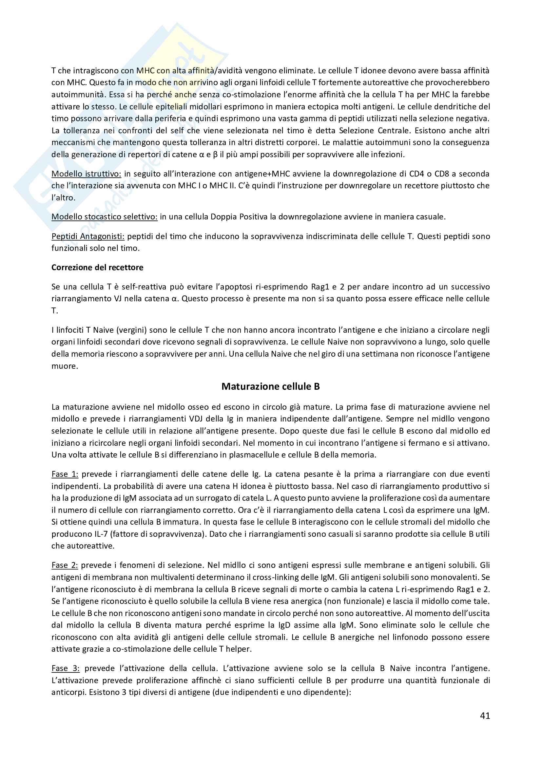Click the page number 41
(485, 716)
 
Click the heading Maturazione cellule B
(270, 386)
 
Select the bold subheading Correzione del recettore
(97, 267)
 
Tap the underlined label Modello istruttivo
(86, 174)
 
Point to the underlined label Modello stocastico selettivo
(104, 217)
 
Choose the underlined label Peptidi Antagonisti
(88, 236)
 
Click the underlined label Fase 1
(65, 474)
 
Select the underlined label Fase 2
(65, 565)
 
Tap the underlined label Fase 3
(66, 668)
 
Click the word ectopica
(279, 107)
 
